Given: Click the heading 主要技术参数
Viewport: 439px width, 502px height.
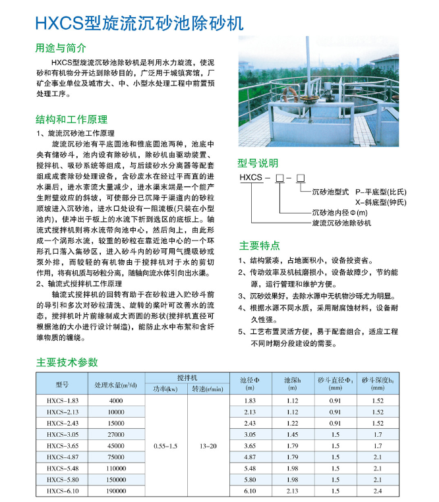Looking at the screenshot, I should [x=67, y=362].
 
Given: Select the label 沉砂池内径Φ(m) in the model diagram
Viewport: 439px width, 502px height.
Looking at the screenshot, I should [x=343, y=212].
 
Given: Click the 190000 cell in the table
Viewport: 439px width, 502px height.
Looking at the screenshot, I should [x=116, y=491].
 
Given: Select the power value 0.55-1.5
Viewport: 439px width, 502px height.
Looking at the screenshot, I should [x=165, y=446].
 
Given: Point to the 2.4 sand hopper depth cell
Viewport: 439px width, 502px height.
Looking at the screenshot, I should [x=378, y=491].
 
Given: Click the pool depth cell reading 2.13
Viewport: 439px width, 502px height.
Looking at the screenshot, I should [x=293, y=491].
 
